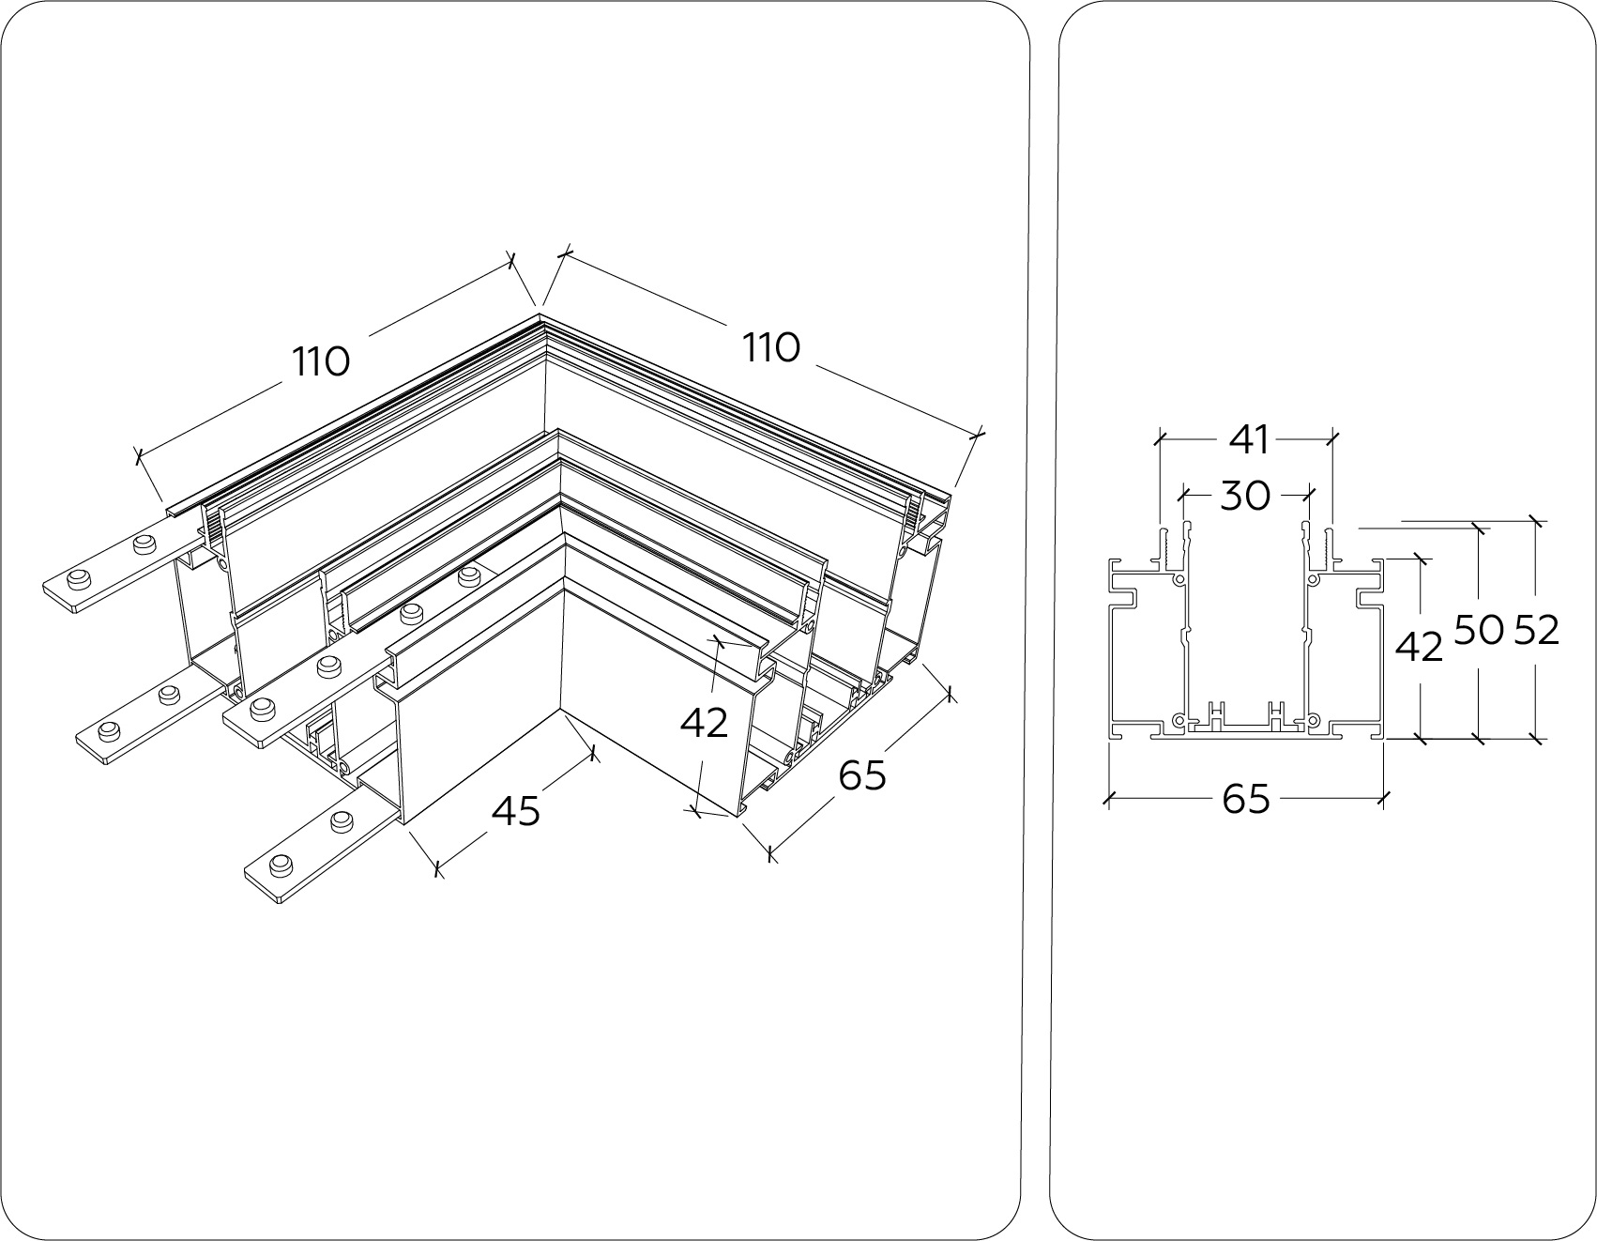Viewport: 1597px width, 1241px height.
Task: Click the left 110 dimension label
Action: (x=321, y=361)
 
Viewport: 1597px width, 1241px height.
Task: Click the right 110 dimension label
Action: (x=771, y=348)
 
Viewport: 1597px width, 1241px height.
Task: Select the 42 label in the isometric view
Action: (x=704, y=722)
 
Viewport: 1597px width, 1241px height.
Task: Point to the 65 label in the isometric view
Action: (x=861, y=775)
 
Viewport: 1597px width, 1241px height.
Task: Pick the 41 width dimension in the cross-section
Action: (x=1249, y=438)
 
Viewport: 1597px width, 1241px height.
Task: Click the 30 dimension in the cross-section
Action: (x=1245, y=495)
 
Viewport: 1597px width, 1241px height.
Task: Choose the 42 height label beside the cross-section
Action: (x=1419, y=647)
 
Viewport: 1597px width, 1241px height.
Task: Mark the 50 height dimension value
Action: (x=1479, y=631)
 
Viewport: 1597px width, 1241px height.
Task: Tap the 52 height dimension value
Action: (x=1536, y=631)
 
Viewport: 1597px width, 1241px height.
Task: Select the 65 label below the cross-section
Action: (x=1246, y=800)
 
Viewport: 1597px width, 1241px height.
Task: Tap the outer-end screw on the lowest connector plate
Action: (x=279, y=865)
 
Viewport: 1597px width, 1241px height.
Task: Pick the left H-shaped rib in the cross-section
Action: (x=1217, y=714)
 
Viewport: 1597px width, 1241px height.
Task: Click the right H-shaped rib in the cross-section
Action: (x=1276, y=714)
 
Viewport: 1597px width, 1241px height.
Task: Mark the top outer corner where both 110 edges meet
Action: (x=541, y=318)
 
